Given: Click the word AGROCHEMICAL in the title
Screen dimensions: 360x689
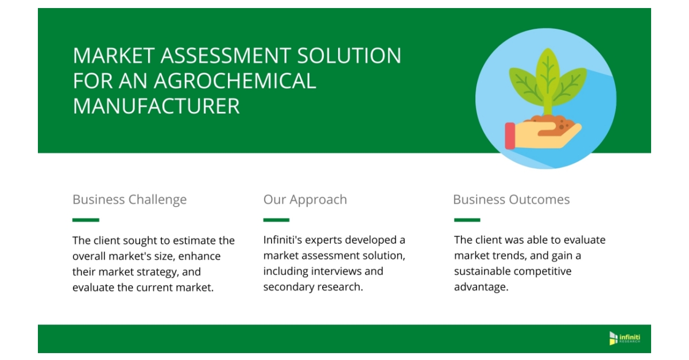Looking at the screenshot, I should click(x=235, y=80).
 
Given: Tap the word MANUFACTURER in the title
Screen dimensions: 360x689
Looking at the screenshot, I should click(x=156, y=106).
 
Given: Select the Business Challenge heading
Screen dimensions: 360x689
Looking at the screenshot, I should click(x=129, y=200).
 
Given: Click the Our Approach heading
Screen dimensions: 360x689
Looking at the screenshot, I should click(x=305, y=200).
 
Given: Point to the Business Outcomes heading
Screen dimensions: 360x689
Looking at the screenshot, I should click(x=511, y=200).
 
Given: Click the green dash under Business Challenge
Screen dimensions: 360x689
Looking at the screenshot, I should click(x=86, y=220).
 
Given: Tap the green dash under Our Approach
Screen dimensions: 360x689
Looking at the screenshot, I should click(x=276, y=220).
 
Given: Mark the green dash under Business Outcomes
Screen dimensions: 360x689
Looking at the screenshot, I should click(x=467, y=220).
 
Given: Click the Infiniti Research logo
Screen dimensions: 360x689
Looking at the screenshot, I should click(x=625, y=338).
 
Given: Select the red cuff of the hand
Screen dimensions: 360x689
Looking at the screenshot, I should click(x=510, y=136).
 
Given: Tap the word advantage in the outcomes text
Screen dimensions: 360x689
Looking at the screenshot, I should click(x=480, y=287).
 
